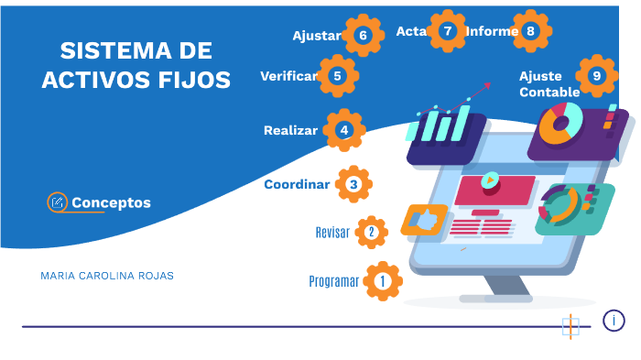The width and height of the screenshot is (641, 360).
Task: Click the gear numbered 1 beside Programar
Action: pyautogui.click(x=382, y=281)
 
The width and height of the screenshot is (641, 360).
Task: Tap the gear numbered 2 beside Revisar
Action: pyautogui.click(x=371, y=232)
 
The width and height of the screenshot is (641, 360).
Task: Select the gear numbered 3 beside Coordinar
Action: pyautogui.click(x=353, y=184)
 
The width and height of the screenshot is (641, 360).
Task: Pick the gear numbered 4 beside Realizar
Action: pyautogui.click(x=343, y=130)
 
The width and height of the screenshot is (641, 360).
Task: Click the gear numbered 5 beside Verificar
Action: pyautogui.click(x=338, y=76)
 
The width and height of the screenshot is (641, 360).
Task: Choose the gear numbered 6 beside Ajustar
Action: pyautogui.click(x=363, y=36)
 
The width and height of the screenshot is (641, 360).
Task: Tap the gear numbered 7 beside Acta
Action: pyautogui.click(x=447, y=30)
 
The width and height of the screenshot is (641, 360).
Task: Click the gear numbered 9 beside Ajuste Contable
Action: pyautogui.click(x=597, y=76)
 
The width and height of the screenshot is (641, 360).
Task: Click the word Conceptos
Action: pyautogui.click(x=111, y=202)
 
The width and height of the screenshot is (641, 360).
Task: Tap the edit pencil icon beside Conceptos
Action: pyautogui.click(x=58, y=202)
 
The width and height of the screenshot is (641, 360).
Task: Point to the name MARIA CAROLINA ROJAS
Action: pyautogui.click(x=107, y=275)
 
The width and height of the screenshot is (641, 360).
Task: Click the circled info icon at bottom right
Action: pyautogui.click(x=614, y=321)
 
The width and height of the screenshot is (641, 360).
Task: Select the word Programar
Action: pyautogui.click(x=333, y=281)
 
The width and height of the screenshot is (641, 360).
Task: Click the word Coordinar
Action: pyautogui.click(x=297, y=184)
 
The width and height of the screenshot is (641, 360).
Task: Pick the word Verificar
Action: pyautogui.click(x=288, y=76)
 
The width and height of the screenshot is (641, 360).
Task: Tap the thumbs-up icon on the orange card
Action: pyautogui.click(x=423, y=220)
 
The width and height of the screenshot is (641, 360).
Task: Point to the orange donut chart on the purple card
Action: pyautogui.click(x=561, y=123)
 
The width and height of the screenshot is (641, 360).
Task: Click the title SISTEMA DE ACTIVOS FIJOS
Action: pyautogui.click(x=136, y=64)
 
